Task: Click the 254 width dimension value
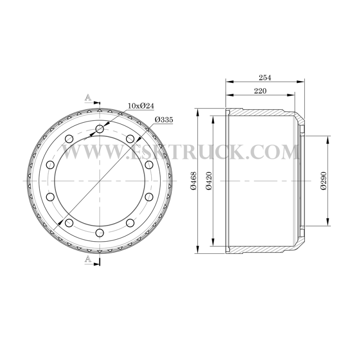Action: [265, 77]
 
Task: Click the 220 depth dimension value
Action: [260, 91]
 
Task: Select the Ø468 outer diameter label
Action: [193, 181]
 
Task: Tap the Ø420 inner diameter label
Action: [209, 181]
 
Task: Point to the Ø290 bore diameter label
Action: [324, 181]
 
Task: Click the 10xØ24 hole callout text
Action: [141, 106]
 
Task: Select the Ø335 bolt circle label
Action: [164, 120]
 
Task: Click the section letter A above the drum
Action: [88, 98]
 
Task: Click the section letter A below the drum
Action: [88, 259]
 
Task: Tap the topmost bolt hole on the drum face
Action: [99, 129]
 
